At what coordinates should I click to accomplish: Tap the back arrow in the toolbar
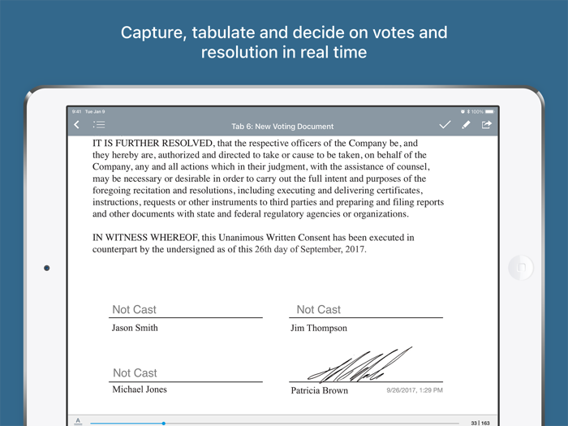pyautogui.click(x=77, y=125)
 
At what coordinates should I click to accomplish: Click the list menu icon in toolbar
pyautogui.click(x=99, y=125)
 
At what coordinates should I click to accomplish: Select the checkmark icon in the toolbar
pyautogui.click(x=445, y=125)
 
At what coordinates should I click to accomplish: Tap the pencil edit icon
pyautogui.click(x=466, y=125)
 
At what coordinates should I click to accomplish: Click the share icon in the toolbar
pyautogui.click(x=487, y=125)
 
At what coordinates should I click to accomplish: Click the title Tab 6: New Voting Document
pyautogui.click(x=282, y=127)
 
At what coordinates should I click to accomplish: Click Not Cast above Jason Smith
pyautogui.click(x=134, y=309)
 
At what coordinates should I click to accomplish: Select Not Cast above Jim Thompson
pyautogui.click(x=318, y=309)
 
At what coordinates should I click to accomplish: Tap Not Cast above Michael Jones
pyautogui.click(x=135, y=373)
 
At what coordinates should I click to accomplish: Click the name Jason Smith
pyautogui.click(x=135, y=328)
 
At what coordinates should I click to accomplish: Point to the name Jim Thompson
pyautogui.click(x=318, y=328)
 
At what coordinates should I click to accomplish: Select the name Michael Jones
pyautogui.click(x=140, y=389)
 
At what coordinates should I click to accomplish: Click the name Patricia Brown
pyautogui.click(x=319, y=390)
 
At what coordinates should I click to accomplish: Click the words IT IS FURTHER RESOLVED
pyautogui.click(x=148, y=143)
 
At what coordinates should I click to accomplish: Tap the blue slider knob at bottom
pyautogui.click(x=163, y=423)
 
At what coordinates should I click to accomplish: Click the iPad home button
pyautogui.click(x=520, y=268)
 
